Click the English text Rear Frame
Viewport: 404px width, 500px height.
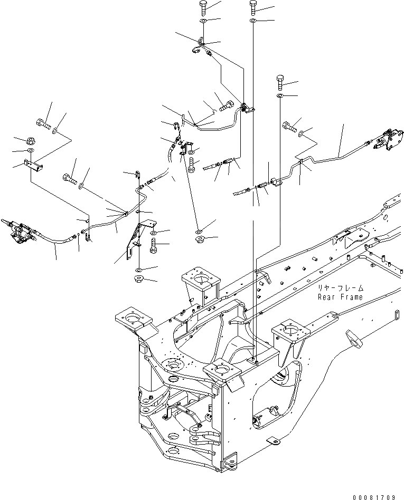[340, 297]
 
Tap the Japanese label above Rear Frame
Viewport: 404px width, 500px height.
[341, 289]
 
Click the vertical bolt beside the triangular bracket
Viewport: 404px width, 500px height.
[153, 245]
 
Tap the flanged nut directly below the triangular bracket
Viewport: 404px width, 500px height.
[139, 278]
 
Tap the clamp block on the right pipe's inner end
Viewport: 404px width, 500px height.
[275, 184]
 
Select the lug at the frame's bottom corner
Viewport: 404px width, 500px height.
[230, 464]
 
